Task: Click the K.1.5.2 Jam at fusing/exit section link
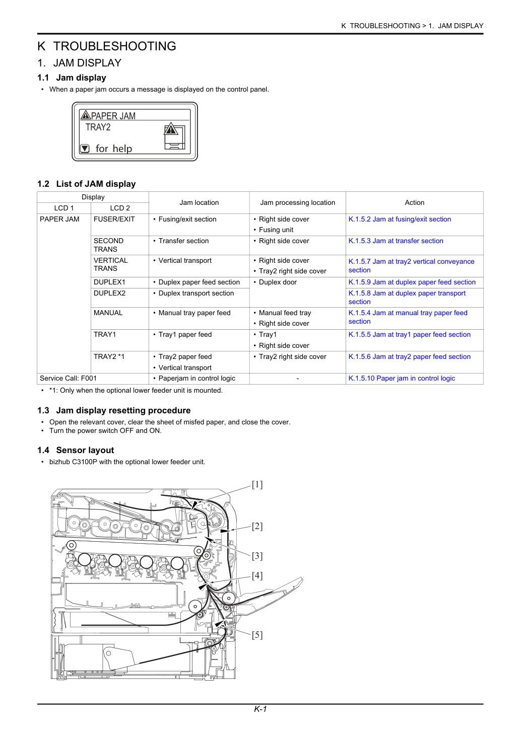[x=400, y=219]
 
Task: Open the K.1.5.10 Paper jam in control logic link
[x=402, y=378]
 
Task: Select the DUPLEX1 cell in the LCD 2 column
[x=109, y=282]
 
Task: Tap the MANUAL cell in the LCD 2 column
[x=108, y=313]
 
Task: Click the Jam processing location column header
[x=298, y=202]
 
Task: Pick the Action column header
[x=414, y=202]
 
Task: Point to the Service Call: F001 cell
[x=69, y=378]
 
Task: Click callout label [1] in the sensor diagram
[x=257, y=485]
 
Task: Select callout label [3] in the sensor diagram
[x=257, y=556]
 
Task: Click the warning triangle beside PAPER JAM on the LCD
[x=86, y=115]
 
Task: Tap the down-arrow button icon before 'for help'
[x=85, y=149]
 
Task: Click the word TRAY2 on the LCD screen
[x=98, y=127]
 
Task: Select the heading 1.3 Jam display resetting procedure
[x=114, y=410]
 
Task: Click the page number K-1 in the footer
[x=260, y=709]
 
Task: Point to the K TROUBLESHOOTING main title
[x=107, y=46]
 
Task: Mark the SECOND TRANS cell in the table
[x=108, y=245]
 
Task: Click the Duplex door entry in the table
[x=278, y=282]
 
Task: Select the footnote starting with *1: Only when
[x=136, y=390]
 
